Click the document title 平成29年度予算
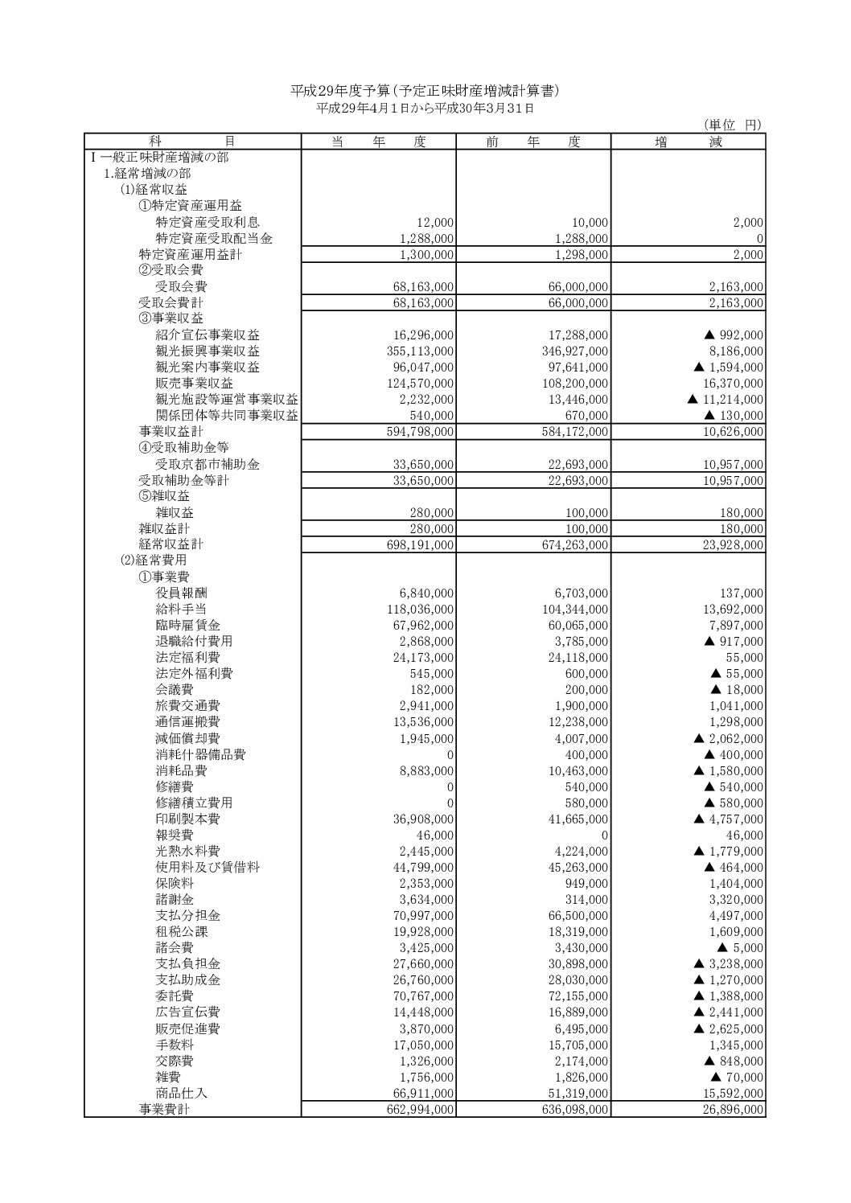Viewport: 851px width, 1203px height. tap(424, 91)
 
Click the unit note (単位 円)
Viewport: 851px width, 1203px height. tap(732, 125)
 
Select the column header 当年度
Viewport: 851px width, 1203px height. tap(378, 142)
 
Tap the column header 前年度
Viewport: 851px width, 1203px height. tap(532, 142)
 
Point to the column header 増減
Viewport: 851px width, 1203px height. tap(689, 142)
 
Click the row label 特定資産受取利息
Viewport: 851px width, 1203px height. tap(208, 223)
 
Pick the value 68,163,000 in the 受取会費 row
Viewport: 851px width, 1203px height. tap(421, 287)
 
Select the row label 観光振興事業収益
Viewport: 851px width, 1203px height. tap(208, 351)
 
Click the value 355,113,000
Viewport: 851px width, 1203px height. tap(421, 351)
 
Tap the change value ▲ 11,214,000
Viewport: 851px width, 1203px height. tap(726, 400)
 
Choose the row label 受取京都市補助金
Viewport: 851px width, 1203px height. tap(208, 465)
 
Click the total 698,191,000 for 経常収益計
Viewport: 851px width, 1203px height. tap(421, 545)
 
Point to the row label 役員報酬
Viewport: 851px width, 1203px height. tap(181, 593)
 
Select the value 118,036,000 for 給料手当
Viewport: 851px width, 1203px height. tap(421, 610)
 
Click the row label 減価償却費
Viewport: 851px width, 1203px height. tap(187, 738)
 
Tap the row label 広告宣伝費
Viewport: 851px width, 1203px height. tap(187, 1012)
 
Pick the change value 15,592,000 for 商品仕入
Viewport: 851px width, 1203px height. tap(732, 1093)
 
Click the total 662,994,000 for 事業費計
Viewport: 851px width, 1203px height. tap(421, 1110)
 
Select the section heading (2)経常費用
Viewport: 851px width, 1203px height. tap(154, 560)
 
